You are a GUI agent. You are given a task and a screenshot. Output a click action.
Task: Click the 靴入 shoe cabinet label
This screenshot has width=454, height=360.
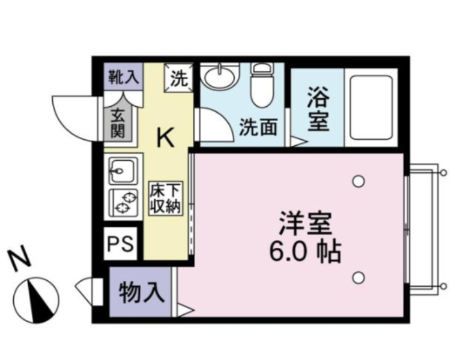(124, 77)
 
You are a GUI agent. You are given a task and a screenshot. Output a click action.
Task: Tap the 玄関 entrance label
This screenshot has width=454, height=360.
(118, 123)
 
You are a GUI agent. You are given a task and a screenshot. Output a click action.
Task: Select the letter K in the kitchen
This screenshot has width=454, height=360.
(165, 138)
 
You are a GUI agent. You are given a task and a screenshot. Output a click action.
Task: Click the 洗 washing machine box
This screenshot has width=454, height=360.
(179, 78)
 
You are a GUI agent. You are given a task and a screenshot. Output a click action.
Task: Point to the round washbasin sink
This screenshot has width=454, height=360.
(219, 76)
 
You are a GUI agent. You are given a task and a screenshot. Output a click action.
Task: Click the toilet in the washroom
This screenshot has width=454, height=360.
(262, 85)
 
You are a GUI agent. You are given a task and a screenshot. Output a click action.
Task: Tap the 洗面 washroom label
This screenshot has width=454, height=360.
(258, 127)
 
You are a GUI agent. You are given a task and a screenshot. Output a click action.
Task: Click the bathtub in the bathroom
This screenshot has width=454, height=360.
(371, 107)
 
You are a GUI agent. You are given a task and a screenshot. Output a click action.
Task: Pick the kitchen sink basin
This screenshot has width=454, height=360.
(123, 171)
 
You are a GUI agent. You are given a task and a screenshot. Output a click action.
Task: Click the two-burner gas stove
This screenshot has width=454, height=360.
(123, 203)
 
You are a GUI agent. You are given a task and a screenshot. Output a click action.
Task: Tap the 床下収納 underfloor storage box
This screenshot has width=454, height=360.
(166, 199)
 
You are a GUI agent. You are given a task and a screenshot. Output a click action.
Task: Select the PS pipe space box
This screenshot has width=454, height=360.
(121, 244)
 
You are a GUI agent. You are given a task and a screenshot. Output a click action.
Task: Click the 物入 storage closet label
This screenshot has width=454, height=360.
(142, 292)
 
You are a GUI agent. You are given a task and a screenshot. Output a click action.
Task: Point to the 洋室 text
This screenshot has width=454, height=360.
(305, 224)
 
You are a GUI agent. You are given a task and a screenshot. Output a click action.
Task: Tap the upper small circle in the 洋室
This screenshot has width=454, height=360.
(359, 181)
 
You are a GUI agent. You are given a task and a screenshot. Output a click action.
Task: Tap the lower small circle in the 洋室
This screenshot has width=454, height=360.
(359, 278)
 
